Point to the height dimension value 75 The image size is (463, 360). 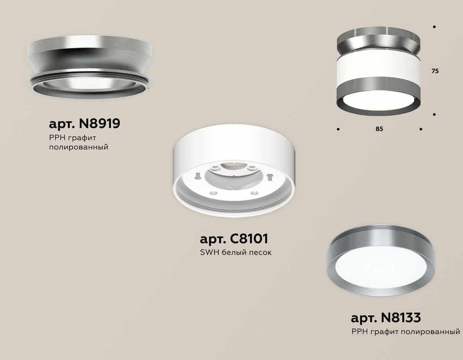[x=435, y=71]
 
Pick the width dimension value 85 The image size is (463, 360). [x=379, y=129]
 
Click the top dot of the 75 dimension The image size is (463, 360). [x=434, y=27]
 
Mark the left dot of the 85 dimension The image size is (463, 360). [x=338, y=129]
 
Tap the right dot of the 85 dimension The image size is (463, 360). [x=421, y=129]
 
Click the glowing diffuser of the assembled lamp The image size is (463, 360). [x=378, y=100]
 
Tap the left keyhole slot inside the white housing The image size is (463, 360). [x=198, y=176]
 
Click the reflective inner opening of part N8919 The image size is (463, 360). [x=90, y=83]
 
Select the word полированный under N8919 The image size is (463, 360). [x=78, y=147]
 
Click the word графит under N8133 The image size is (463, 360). [x=384, y=331]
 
